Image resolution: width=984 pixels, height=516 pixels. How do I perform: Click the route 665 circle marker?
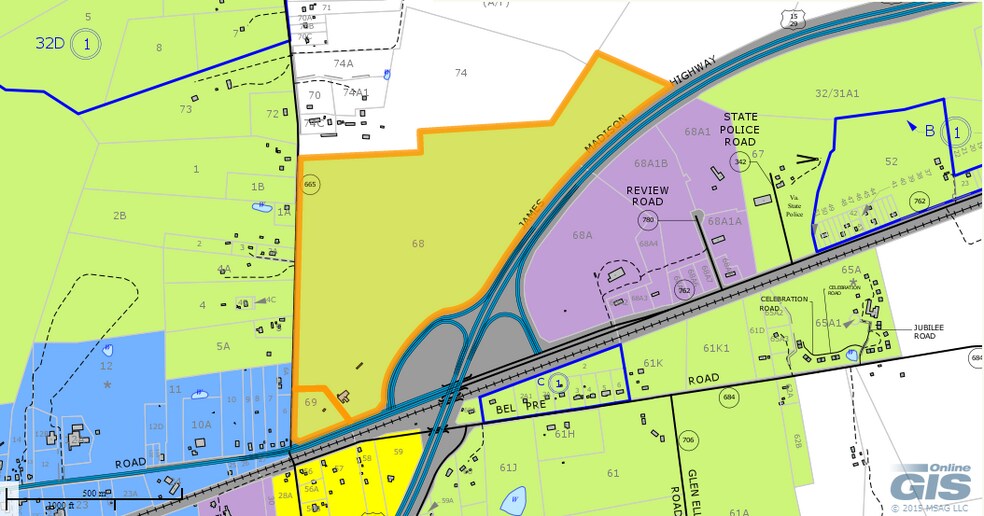[x=309, y=185]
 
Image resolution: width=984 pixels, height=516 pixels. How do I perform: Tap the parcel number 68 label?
[x=417, y=243]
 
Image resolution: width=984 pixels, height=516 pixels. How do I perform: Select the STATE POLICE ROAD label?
[x=741, y=130]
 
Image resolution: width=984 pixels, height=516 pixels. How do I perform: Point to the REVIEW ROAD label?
[x=646, y=195]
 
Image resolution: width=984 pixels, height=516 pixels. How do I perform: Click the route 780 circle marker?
[x=647, y=220]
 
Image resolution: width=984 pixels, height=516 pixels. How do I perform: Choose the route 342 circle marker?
[x=740, y=161]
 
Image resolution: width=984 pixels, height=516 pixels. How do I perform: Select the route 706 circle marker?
[x=687, y=440]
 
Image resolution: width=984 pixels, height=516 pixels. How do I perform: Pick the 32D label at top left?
[x=50, y=44]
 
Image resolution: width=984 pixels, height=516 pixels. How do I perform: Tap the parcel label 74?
[x=461, y=72]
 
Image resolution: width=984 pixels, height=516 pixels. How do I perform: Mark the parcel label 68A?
[x=583, y=236]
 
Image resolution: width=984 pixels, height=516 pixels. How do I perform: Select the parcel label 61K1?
[x=716, y=348]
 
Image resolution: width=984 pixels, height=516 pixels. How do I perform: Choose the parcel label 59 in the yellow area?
[x=398, y=452]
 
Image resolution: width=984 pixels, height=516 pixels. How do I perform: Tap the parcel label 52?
[x=891, y=161]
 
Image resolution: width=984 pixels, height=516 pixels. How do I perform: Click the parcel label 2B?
[x=120, y=215]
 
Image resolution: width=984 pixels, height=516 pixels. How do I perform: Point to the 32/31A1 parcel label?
[x=836, y=93]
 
